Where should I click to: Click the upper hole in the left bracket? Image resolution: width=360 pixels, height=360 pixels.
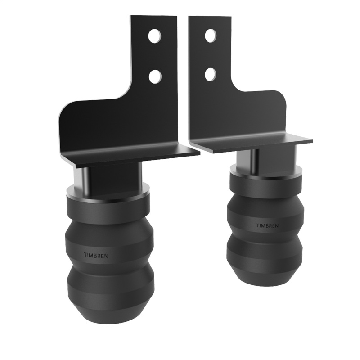[x=154, y=36]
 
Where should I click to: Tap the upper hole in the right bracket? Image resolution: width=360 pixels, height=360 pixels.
[x=210, y=36]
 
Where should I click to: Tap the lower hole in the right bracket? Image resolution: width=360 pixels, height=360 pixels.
[x=210, y=74]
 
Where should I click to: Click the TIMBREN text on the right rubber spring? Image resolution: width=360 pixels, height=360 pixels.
[x=267, y=225]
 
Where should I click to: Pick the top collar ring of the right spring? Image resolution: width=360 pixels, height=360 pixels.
[x=265, y=173]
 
